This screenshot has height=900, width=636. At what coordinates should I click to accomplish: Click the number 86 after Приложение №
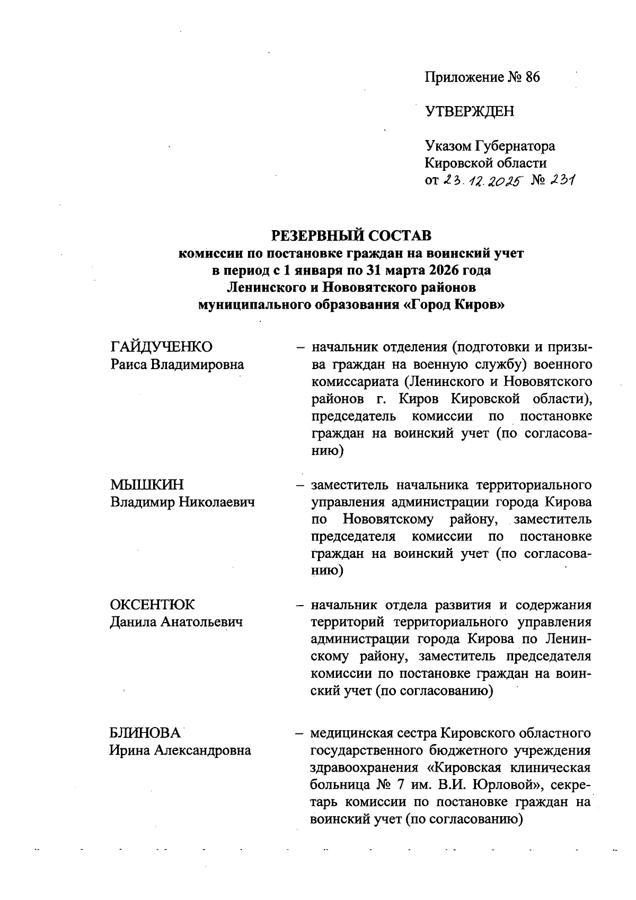[533, 77]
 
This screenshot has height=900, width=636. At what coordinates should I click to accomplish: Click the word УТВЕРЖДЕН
[470, 111]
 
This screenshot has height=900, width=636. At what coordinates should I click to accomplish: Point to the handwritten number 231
[563, 180]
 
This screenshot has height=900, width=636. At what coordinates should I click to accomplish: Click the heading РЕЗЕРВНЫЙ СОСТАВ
[351, 235]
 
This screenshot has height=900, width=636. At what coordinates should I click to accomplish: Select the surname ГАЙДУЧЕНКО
[161, 347]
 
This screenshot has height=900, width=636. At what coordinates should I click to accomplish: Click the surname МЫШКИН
[147, 485]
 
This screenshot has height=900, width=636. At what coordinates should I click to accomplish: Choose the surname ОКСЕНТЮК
[153, 605]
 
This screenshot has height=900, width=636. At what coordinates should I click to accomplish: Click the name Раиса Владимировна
[177, 364]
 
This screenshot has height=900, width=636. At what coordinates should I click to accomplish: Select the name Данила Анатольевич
[176, 622]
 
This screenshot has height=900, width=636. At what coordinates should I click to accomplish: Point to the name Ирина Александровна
[180, 750]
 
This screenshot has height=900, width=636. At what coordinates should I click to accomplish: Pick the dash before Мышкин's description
[300, 485]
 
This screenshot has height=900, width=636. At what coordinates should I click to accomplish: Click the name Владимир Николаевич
[182, 502]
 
